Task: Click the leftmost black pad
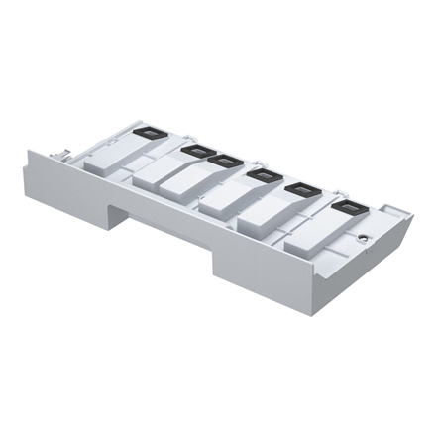tap(146, 131)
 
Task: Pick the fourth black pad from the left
tap(263, 176)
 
